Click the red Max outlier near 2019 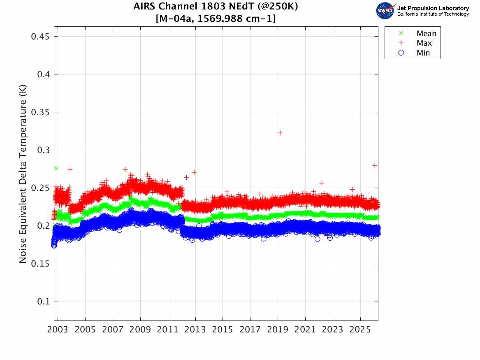(280, 132)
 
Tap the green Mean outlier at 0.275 (56, 168)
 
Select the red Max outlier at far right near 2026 (375, 165)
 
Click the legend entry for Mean (426, 34)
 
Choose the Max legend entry (424, 43)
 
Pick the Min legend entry (423, 53)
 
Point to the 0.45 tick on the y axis (41, 37)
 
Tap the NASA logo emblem (385, 11)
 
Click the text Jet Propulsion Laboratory (433, 8)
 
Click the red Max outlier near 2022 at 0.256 (322, 183)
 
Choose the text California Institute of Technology (433, 14)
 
